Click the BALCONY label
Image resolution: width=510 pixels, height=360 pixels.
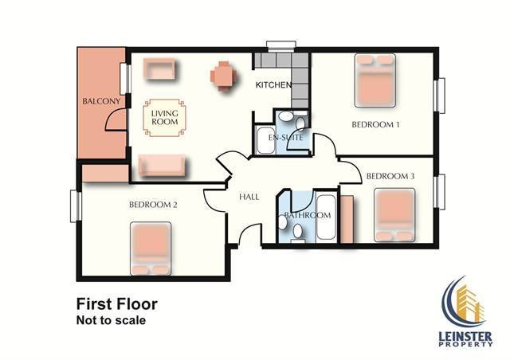pos(101,101)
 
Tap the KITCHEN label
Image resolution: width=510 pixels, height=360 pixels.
pos(273,85)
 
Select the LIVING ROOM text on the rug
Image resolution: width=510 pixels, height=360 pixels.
pos(165,117)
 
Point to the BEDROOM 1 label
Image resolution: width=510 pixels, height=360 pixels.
pos(375,124)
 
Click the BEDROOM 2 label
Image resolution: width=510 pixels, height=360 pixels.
pos(153,205)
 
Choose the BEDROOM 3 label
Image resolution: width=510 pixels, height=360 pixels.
pos(390,176)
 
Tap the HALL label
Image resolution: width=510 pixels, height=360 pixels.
pos(249,197)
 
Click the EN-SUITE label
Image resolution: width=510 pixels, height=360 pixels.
pos(285,138)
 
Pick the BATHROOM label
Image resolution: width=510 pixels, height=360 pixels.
pos(308,215)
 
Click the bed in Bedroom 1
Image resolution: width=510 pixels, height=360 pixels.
pos(375,80)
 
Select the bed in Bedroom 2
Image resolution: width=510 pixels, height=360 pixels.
pos(151,248)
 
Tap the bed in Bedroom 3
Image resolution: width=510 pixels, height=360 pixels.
pos(394,215)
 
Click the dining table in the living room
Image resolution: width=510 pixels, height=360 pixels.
pos(223,76)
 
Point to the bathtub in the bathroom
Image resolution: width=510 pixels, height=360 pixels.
pos(326,217)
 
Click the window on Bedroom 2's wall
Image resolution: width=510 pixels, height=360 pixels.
pos(76,206)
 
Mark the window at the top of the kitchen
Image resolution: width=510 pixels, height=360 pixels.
pos(281,46)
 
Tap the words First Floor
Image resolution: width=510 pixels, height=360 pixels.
pos(117,304)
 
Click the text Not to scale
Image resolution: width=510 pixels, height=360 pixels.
pos(111,320)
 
